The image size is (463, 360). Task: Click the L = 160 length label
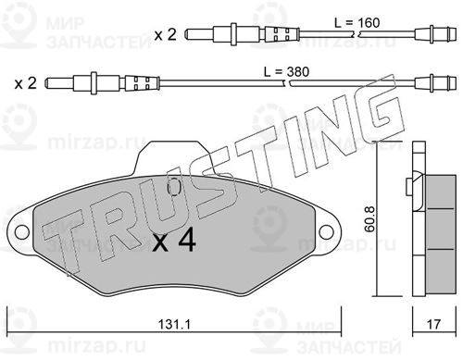coord(357,23)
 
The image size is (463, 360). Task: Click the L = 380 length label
coord(286,72)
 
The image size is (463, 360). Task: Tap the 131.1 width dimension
coord(174,324)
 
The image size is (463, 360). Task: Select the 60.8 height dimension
coord(369,219)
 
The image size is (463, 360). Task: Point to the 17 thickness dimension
coord(433,324)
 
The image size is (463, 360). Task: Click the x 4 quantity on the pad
coord(174,240)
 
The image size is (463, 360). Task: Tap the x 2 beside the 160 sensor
coord(166,34)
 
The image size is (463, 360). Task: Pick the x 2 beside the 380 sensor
coord(26,83)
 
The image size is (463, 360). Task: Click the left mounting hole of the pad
coord(22,231)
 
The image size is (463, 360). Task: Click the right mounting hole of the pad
coord(326,231)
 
